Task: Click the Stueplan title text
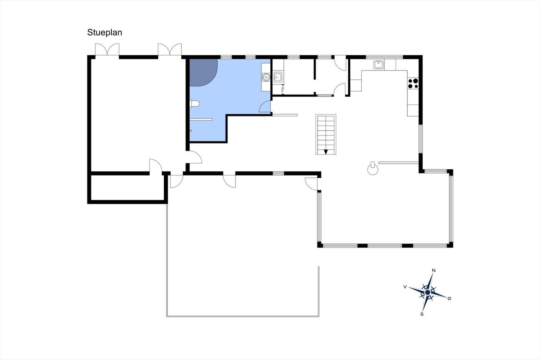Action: (x=105, y=32)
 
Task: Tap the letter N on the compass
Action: (x=434, y=271)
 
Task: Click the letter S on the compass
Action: (x=422, y=314)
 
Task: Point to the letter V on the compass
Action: (x=405, y=287)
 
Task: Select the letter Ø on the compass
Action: (x=449, y=298)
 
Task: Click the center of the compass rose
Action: (x=428, y=292)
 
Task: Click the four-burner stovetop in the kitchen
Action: (x=413, y=83)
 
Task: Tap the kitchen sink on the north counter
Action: (x=378, y=65)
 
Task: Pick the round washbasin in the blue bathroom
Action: (x=266, y=77)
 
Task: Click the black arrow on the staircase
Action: (x=326, y=152)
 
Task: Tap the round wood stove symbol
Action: (x=373, y=169)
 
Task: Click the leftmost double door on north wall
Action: (x=107, y=50)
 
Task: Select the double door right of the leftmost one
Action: (x=170, y=50)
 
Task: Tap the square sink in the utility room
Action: (x=278, y=77)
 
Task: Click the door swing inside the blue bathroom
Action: (x=265, y=107)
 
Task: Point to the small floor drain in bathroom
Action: (x=191, y=131)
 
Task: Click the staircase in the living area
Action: (x=326, y=134)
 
